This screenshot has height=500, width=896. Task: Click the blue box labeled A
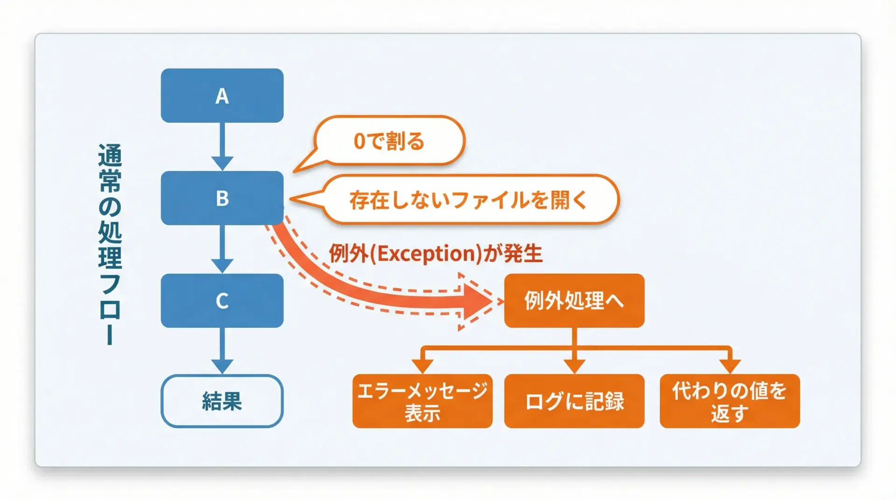[x=222, y=96]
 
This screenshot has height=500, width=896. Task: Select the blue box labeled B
[x=222, y=198]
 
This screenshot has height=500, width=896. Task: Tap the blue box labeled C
[x=222, y=301]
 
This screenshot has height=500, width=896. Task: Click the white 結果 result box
[x=222, y=401]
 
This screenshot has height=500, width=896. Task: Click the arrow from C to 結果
[x=222, y=350]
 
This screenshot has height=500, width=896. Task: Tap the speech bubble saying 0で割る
[x=390, y=141]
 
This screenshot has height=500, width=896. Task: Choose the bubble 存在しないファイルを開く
[x=469, y=200]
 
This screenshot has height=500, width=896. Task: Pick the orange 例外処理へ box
[x=574, y=301]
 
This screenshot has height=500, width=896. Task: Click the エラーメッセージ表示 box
[x=422, y=401]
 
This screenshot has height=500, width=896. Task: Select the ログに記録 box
[x=574, y=401]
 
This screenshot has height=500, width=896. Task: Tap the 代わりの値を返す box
[x=729, y=401]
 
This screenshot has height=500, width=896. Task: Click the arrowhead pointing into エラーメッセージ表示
[x=422, y=366]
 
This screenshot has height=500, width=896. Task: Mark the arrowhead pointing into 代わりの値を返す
[x=730, y=366]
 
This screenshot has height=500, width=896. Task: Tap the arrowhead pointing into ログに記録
[x=574, y=366]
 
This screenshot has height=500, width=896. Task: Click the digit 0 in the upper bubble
[x=359, y=141]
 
